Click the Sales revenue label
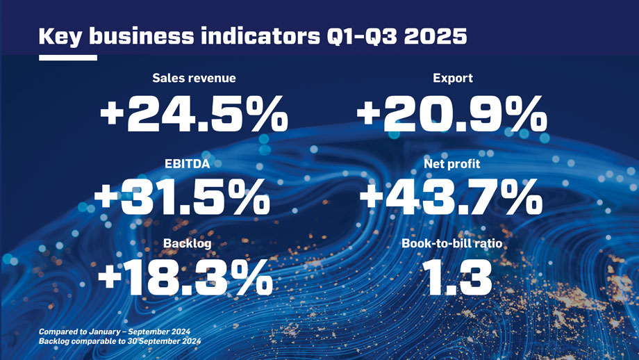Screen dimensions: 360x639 tap(194, 79)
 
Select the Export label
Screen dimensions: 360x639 tap(452, 79)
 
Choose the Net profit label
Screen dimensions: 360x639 tap(452, 164)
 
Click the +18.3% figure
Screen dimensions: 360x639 tap(185, 279)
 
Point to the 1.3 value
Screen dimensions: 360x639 tap(452, 279)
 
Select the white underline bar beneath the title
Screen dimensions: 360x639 tap(68, 58)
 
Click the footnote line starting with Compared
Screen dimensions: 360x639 tap(115, 332)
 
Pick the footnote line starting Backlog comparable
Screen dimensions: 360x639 tap(120, 342)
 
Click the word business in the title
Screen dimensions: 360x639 tap(138, 36)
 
